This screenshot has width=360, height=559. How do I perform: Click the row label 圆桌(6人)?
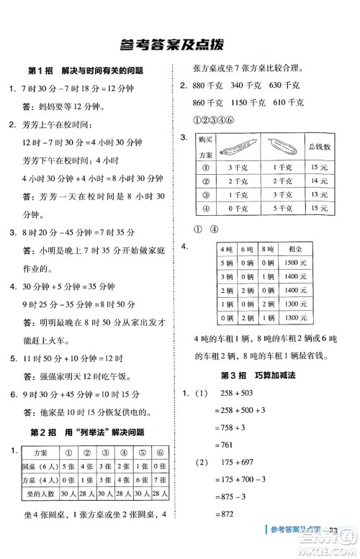pos(30,466)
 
